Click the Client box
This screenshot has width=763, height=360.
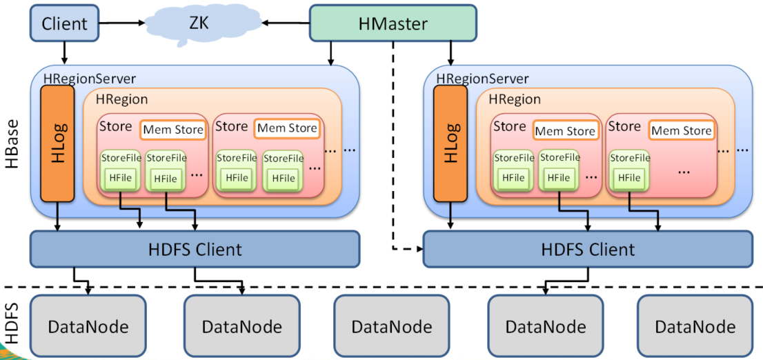coord(64,23)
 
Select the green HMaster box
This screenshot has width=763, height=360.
coord(393,23)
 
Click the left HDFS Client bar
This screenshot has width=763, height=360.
coord(195,249)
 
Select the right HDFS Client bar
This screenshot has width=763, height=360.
coord(587,249)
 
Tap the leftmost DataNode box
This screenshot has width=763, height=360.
coord(88,326)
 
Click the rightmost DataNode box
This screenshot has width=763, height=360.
coord(695,326)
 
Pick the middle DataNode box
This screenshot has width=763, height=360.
coord(391,326)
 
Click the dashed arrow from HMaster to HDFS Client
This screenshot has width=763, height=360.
coord(393,152)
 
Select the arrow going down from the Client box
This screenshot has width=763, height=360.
coord(64,51)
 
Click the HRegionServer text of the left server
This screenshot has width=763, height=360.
coord(89,79)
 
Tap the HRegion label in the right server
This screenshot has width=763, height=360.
coord(515,99)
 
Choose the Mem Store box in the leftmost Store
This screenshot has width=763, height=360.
coord(172,129)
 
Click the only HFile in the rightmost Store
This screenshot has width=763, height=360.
coord(629,177)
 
